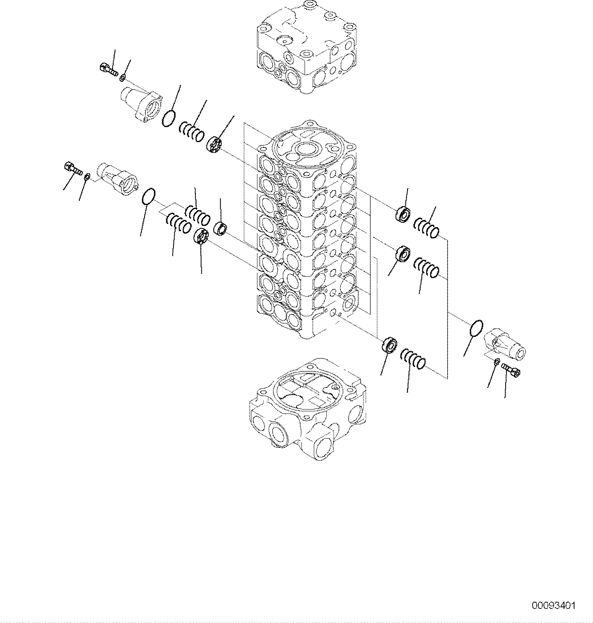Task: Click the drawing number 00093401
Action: [554, 605]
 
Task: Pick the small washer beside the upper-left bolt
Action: [122, 76]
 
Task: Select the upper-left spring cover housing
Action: [141, 104]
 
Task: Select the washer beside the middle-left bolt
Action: [87, 176]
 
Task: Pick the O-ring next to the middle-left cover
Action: [149, 197]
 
